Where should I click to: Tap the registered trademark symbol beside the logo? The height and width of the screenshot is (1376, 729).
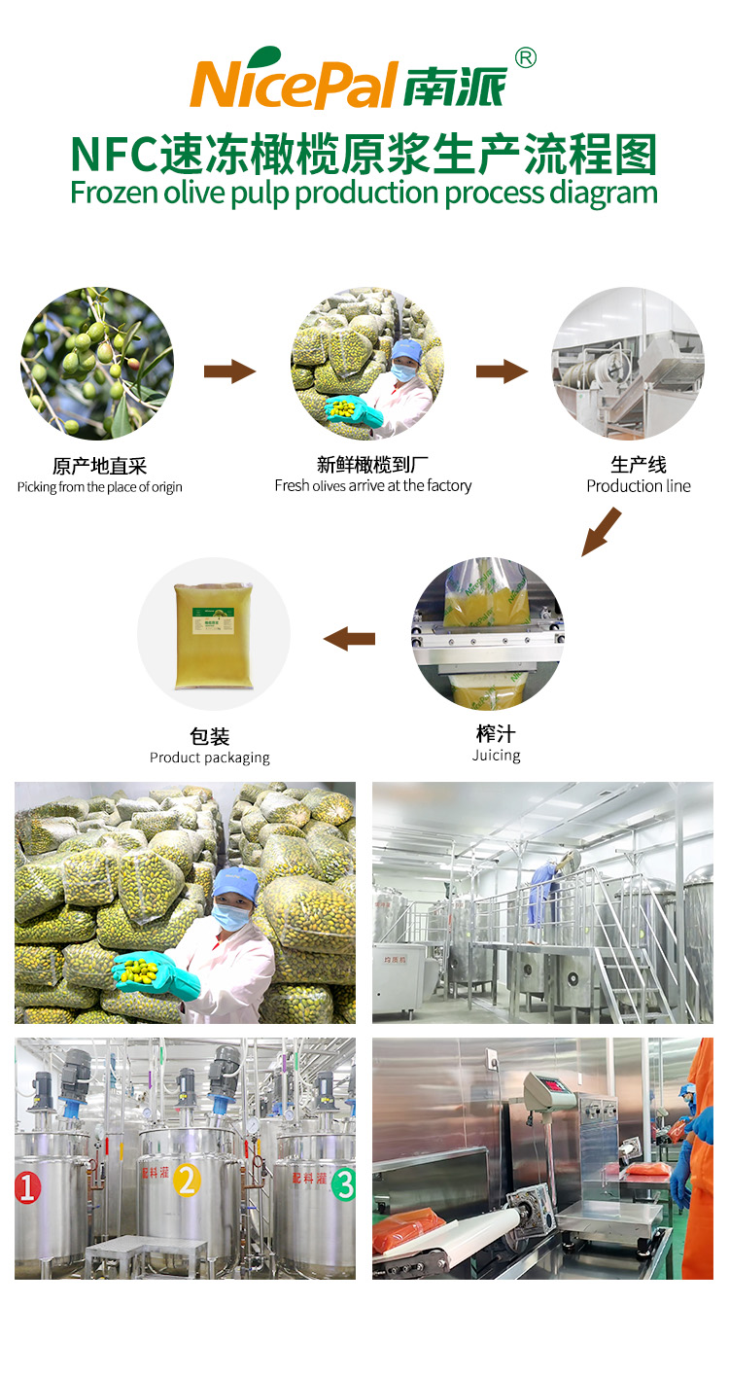524,58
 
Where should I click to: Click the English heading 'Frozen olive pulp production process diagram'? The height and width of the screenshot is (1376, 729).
364,193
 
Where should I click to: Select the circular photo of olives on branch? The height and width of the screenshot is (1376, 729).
97,364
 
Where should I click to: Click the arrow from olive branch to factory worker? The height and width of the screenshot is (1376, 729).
228,370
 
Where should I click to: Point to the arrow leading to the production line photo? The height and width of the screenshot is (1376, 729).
501,370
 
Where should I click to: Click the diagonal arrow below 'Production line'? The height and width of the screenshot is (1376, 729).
601,531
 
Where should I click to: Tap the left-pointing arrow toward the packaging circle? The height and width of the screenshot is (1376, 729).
349,638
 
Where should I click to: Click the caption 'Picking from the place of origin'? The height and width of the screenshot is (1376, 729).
99,487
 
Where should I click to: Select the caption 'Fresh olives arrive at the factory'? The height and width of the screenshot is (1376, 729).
372,485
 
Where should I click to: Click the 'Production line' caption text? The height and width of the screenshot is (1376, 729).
639,485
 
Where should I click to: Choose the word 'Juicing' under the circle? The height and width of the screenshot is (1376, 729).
496,756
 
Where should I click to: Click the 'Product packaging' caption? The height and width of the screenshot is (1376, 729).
210,758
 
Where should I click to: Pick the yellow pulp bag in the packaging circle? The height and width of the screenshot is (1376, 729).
213,636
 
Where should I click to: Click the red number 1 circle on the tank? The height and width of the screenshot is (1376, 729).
27,1186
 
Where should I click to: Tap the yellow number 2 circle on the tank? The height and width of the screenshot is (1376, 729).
187,1181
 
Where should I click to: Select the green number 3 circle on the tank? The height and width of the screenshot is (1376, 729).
343,1183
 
